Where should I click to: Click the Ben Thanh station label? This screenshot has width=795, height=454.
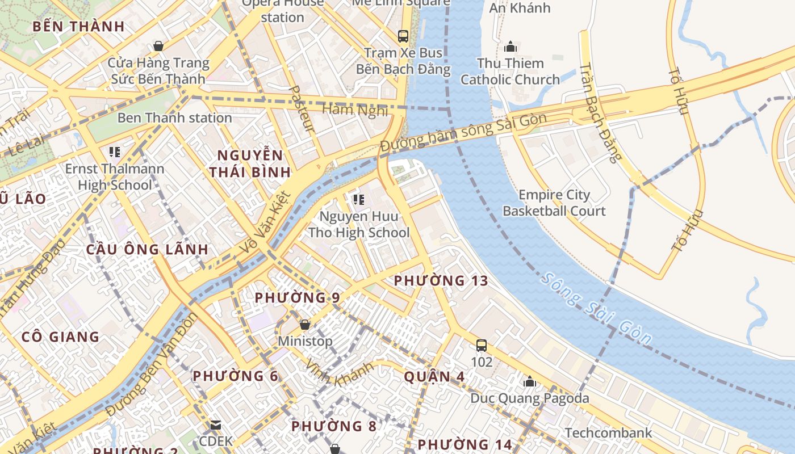click(174, 118)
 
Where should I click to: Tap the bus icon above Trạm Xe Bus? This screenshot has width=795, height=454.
click(403, 36)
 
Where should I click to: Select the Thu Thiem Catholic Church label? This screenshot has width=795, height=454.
click(510, 72)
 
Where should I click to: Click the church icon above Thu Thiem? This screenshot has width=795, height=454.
click(510, 46)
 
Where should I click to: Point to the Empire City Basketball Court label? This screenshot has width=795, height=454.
click(554, 203)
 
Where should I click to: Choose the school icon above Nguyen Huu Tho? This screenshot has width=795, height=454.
click(358, 199)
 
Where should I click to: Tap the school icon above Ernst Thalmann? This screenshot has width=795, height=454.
click(115, 152)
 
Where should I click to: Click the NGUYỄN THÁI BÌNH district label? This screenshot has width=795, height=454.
click(250, 163)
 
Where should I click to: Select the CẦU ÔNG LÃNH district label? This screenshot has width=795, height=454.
click(147, 249)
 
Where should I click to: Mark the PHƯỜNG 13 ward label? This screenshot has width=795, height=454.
click(441, 280)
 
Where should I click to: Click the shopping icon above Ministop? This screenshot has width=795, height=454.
click(305, 325)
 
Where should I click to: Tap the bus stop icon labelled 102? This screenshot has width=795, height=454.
click(482, 345)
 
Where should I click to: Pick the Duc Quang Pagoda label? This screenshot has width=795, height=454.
click(529, 398)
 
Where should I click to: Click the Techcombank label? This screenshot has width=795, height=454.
click(608, 434)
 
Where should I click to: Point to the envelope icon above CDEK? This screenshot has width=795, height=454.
click(215, 424)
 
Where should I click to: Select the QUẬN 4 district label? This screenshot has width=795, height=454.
click(434, 377)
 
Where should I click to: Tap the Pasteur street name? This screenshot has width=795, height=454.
click(301, 108)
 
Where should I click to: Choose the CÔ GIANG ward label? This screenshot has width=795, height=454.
click(60, 337)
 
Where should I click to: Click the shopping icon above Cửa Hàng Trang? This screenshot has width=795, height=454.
click(158, 46)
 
